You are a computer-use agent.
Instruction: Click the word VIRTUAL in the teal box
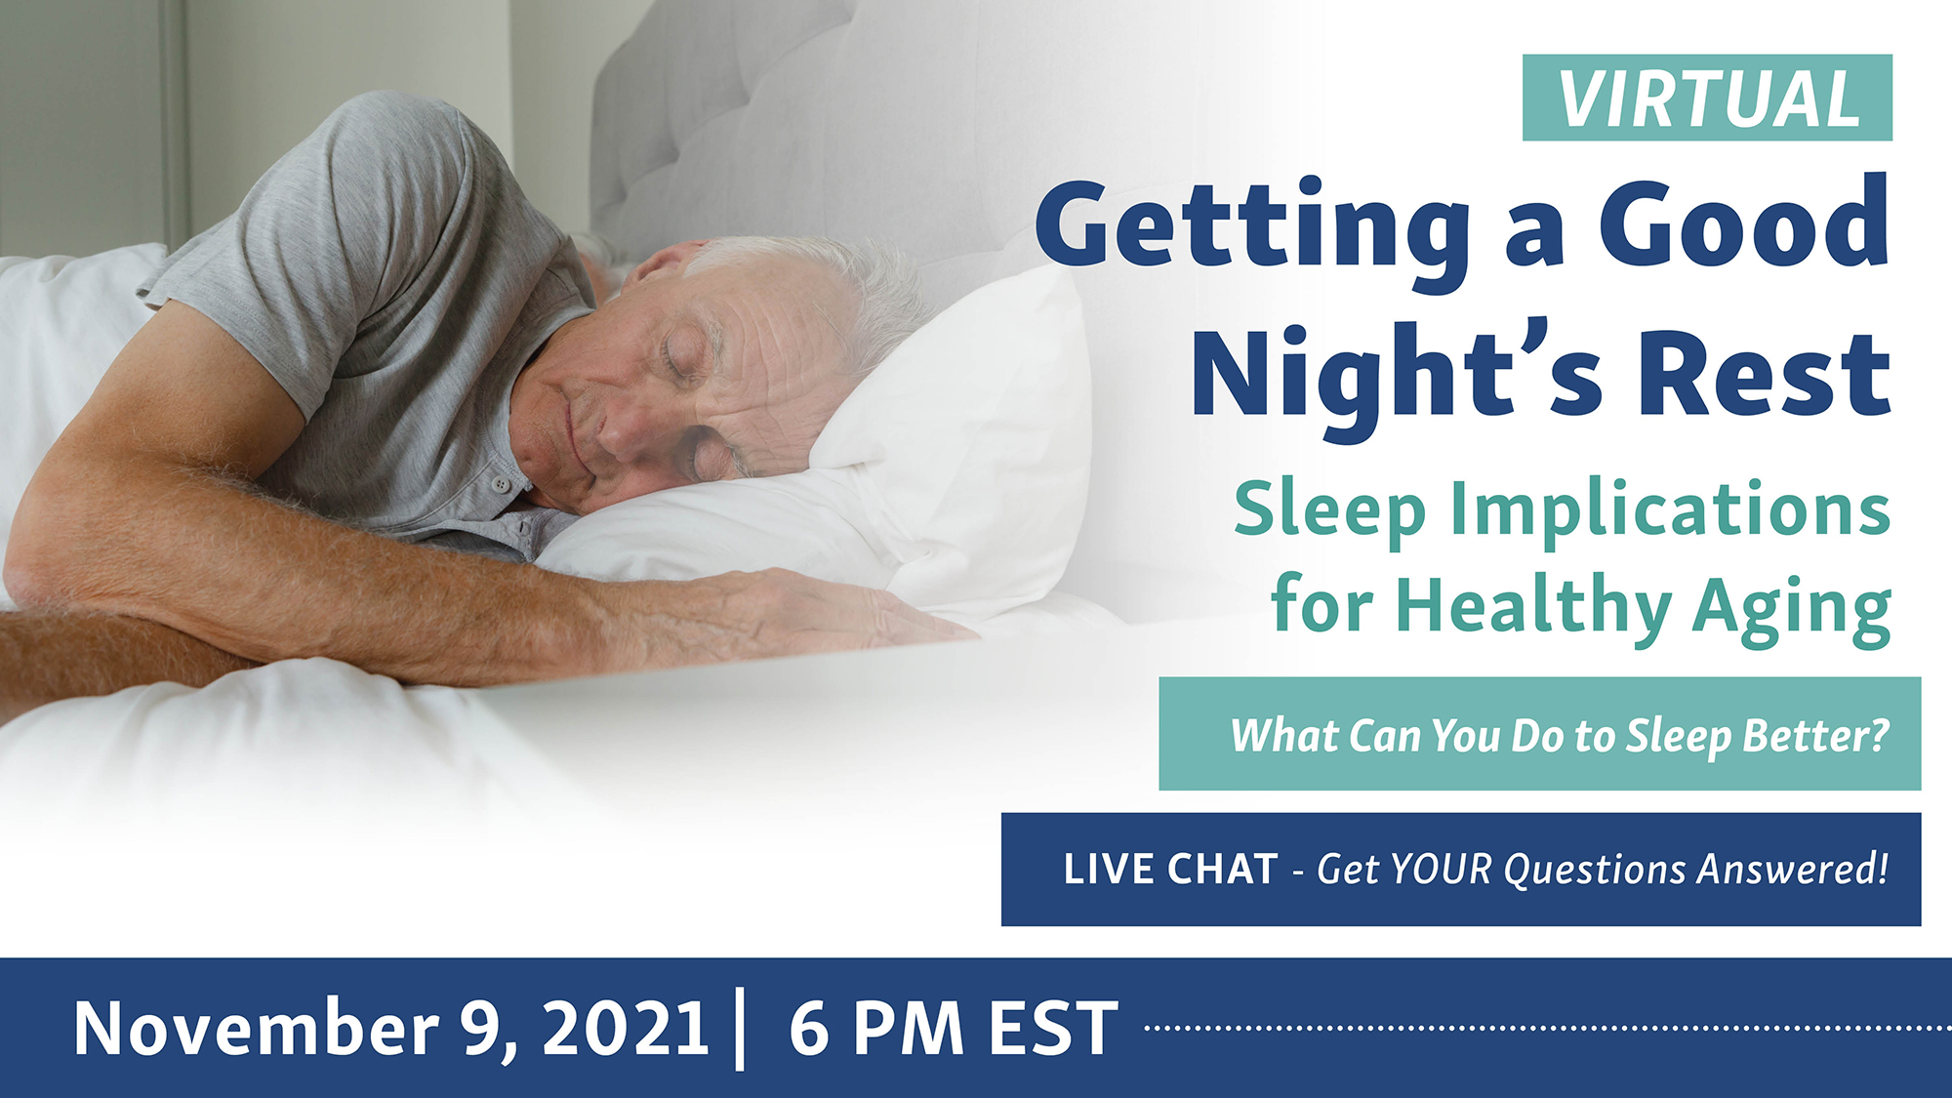pyautogui.click(x=1708, y=99)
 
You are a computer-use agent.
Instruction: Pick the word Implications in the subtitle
pyautogui.click(x=1670, y=509)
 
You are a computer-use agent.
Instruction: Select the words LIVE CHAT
pyautogui.click(x=1170, y=869)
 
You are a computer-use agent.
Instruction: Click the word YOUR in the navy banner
pyautogui.click(x=1442, y=869)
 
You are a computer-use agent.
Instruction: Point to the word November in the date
pyautogui.click(x=255, y=1028)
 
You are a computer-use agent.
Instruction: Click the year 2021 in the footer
pyautogui.click(x=626, y=1028)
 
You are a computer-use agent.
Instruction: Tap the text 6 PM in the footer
pyautogui.click(x=876, y=1028)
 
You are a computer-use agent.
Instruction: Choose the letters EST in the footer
pyautogui.click(x=1054, y=1028)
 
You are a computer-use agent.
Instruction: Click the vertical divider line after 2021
pyautogui.click(x=741, y=1029)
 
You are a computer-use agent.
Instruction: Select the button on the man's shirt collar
pyautogui.click(x=501, y=483)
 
